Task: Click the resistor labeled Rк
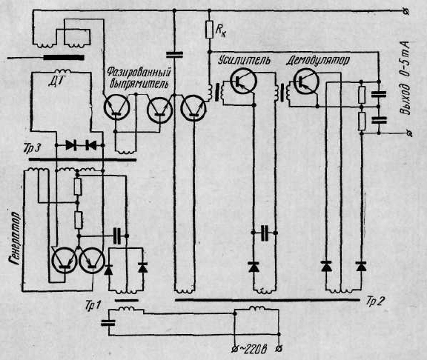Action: click(209, 30)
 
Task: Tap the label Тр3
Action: click(32, 149)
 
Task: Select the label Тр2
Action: click(375, 301)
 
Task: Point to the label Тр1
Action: click(93, 306)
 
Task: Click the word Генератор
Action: click(14, 237)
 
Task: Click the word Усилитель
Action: click(244, 60)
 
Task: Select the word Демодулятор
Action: click(317, 61)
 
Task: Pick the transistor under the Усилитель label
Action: click(243, 81)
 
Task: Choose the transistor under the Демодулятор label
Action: click(306, 81)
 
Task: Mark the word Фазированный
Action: click(139, 73)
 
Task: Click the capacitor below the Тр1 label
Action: click(108, 323)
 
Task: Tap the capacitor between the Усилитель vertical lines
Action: click(264, 233)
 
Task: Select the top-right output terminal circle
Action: click(406, 11)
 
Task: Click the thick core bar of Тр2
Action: click(267, 300)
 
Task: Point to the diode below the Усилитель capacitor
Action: click(254, 267)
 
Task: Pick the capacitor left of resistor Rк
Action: click(174, 55)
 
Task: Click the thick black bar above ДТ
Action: click(64, 58)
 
